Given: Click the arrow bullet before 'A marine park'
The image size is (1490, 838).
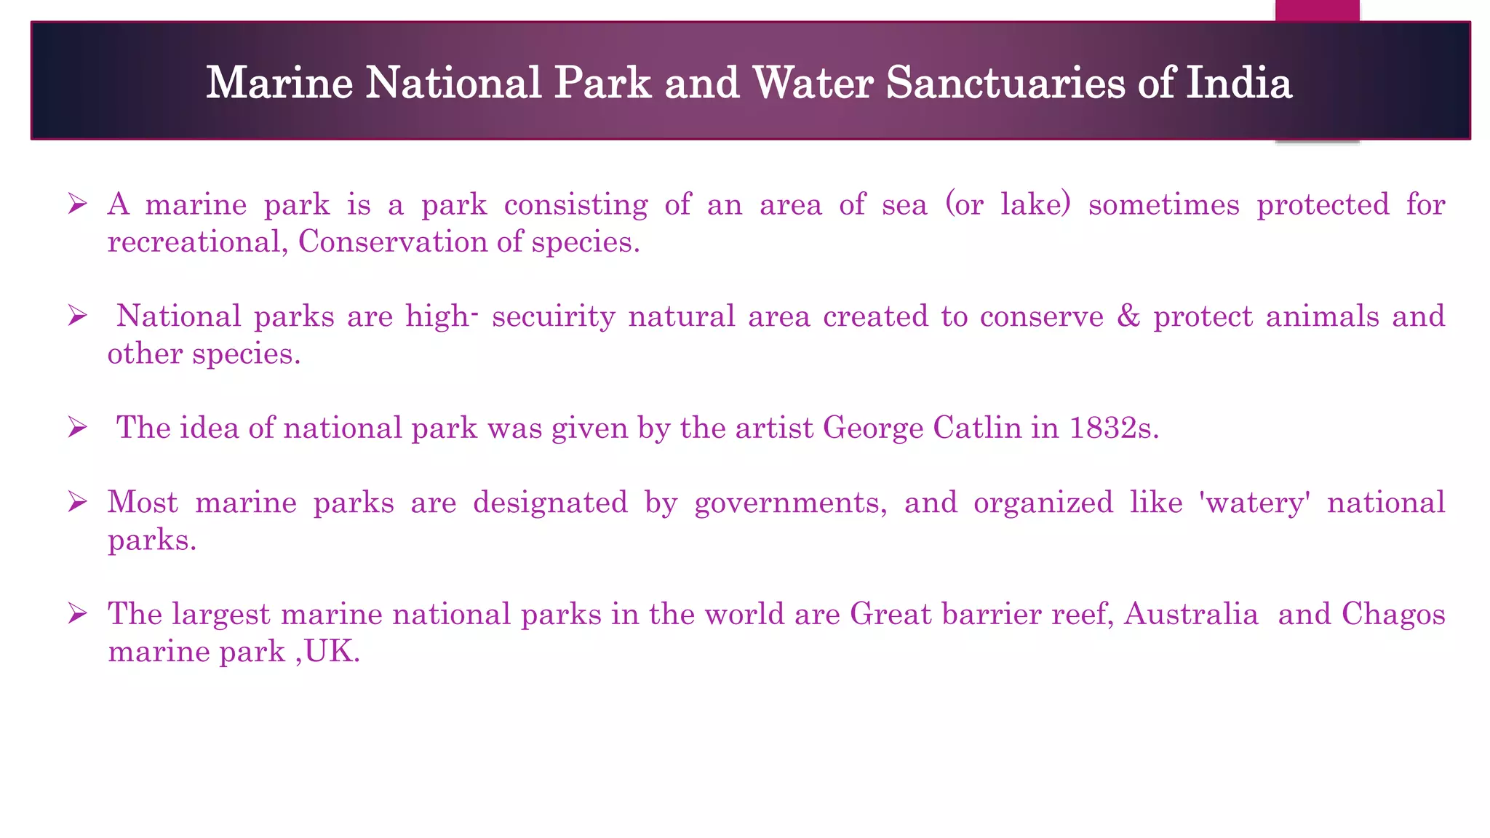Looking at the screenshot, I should (x=77, y=204).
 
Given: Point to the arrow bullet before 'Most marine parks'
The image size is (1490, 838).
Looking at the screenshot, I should (x=77, y=502).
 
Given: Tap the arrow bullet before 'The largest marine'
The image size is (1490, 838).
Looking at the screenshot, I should (x=77, y=614).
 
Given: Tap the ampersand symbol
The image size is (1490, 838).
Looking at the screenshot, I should (x=1128, y=316).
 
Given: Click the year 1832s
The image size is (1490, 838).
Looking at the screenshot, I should (x=1114, y=428).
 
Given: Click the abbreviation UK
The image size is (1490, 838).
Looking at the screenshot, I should (x=332, y=652).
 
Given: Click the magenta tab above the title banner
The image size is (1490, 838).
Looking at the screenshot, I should (x=1317, y=10).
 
